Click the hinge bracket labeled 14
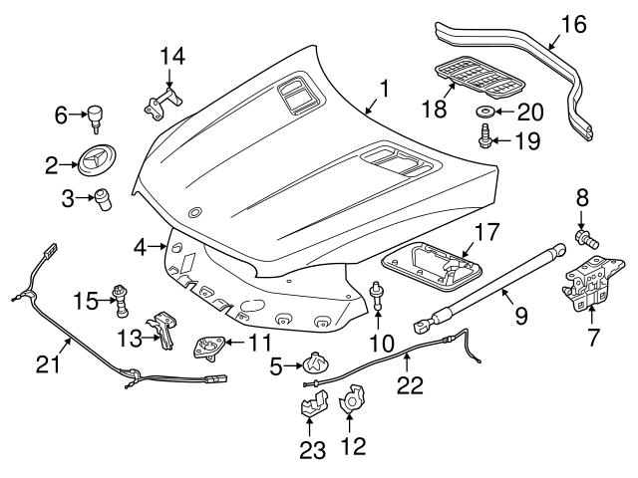163,101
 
